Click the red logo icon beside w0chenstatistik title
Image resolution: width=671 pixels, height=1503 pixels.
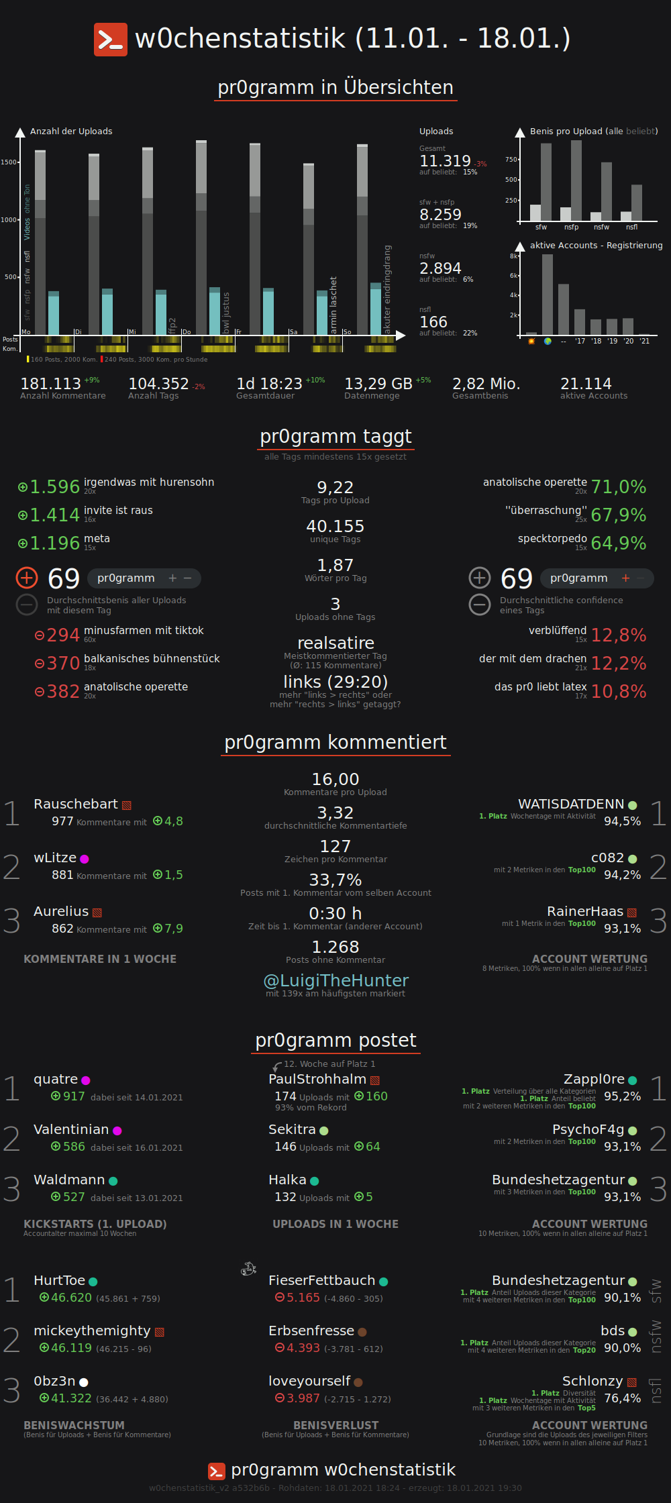[110, 40]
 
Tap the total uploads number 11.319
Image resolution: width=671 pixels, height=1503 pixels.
[445, 161]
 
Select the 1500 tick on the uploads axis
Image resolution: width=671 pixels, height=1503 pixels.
[9, 162]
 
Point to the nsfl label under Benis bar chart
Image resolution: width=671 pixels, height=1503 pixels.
[631, 227]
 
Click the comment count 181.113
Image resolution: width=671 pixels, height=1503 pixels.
[50, 384]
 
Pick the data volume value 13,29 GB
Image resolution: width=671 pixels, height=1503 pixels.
[378, 384]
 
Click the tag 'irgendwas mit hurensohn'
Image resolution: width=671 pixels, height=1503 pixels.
[149, 482]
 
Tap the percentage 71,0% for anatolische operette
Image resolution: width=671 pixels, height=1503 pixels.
[618, 487]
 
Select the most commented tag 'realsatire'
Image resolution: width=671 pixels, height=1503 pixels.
[335, 643]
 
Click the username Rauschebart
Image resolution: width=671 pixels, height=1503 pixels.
[75, 804]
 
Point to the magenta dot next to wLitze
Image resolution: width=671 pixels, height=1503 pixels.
[85, 859]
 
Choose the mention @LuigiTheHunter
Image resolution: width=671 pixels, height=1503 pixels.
[335, 980]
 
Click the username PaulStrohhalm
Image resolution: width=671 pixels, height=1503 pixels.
[317, 1079]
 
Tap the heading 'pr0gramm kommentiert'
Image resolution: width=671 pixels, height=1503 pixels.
[335, 742]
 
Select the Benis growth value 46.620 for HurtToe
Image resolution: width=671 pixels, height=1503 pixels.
[71, 1298]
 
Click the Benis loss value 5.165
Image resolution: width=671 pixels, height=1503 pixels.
[303, 1298]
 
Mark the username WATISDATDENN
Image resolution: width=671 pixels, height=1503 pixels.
[570, 804]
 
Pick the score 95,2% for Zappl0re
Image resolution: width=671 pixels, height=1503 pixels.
[622, 1096]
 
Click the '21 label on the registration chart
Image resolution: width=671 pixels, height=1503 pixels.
[644, 342]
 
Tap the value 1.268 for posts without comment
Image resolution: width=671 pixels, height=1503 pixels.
[335, 947]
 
